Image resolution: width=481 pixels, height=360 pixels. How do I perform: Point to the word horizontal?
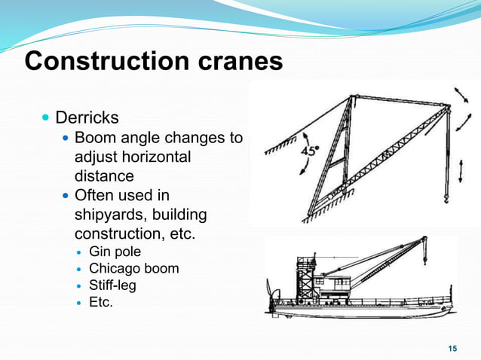coord(155,157)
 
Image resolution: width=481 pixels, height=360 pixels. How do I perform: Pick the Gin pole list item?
coord(115,252)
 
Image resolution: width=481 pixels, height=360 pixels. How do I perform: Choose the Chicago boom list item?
coord(133,269)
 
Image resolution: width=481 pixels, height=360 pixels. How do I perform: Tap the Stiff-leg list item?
coord(112,286)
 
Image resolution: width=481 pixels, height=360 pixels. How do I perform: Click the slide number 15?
coord(452,348)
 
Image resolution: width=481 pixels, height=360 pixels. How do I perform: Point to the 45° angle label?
coord(310,151)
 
